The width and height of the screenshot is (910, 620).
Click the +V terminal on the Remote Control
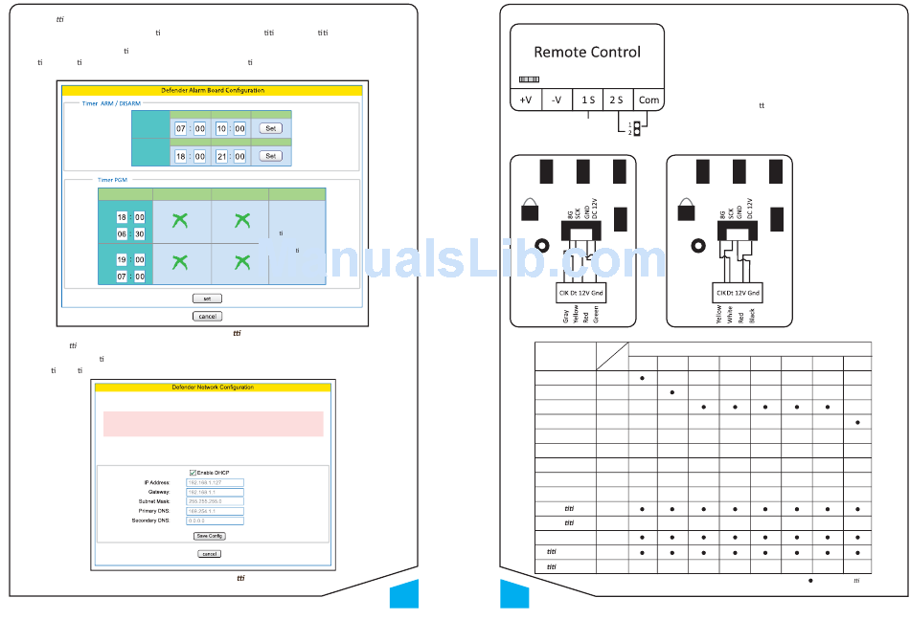click(525, 100)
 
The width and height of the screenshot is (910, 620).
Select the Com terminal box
click(648, 100)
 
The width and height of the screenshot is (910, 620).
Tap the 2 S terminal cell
click(615, 100)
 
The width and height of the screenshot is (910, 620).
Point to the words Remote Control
click(587, 52)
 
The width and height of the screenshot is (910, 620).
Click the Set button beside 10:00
click(271, 128)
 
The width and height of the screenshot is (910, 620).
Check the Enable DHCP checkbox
click(193, 472)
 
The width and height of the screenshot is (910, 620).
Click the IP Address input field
click(208, 483)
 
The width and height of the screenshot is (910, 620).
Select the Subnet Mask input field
click(208, 501)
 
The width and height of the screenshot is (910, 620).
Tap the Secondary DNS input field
click(208, 520)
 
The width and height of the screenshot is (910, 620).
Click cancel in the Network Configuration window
click(209, 554)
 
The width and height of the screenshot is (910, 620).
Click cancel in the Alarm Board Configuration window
click(207, 316)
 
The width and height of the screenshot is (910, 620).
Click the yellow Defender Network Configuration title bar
click(213, 387)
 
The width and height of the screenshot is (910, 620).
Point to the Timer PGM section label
click(112, 179)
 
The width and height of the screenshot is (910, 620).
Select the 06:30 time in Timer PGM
click(130, 233)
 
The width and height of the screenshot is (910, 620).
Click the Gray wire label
click(566, 316)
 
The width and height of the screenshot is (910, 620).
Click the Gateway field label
click(158, 492)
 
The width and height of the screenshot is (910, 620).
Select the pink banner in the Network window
click(213, 424)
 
